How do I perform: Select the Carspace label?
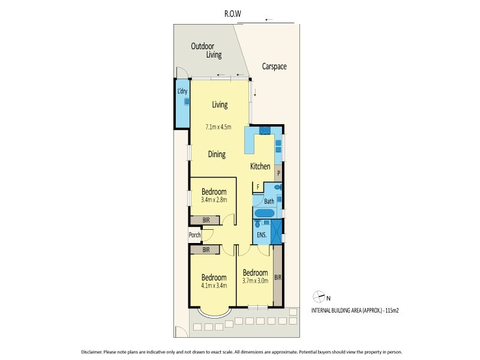(274, 67)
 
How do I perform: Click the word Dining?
(217, 154)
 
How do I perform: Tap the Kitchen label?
(260, 167)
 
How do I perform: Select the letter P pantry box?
(278, 173)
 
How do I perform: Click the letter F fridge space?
(257, 187)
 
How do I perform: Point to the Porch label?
(194, 235)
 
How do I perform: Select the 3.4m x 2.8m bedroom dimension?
(214, 200)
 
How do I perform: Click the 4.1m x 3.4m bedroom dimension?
(214, 286)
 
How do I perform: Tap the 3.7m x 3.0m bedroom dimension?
(255, 280)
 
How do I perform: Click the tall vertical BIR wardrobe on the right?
(277, 277)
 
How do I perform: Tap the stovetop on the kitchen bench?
(263, 130)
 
